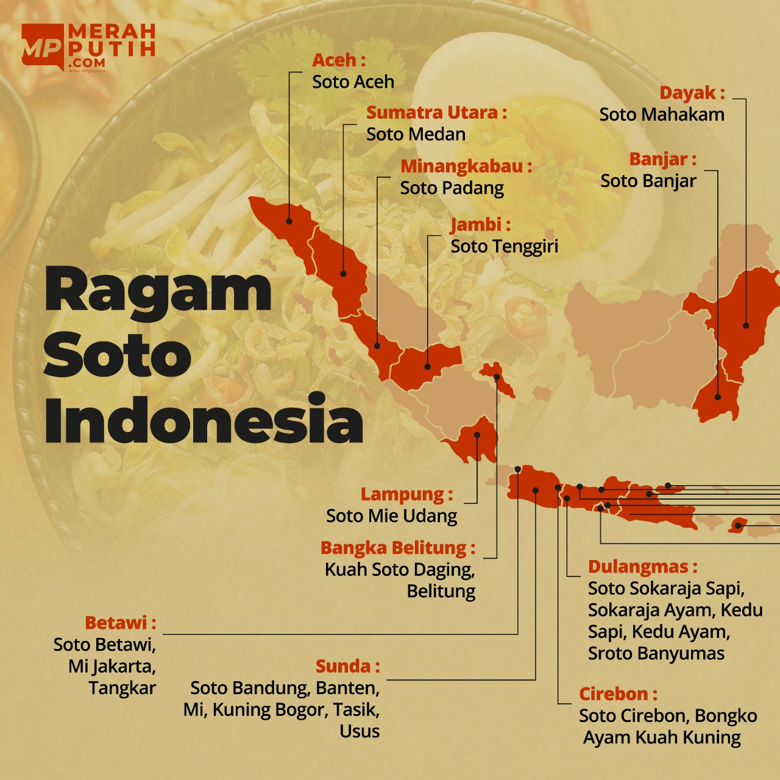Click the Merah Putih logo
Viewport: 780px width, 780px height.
[88, 48]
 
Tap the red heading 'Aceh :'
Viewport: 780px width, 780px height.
[338, 60]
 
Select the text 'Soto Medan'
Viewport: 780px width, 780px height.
[416, 134]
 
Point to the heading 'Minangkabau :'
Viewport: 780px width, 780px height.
[466, 166]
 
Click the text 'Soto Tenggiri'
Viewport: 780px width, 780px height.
[504, 246]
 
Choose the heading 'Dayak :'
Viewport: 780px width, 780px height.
[692, 93]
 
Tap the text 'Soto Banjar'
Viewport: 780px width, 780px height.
[648, 181]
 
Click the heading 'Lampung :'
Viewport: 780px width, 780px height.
[406, 494]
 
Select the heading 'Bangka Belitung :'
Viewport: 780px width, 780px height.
[397, 548]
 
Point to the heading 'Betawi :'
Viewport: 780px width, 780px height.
[120, 623]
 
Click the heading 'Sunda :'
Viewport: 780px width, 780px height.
[347, 666]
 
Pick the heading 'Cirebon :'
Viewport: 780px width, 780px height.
[618, 694]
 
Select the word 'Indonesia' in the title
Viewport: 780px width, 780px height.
[204, 420]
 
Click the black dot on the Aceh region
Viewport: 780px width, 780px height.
[289, 221]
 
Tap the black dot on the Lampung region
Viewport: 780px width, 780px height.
[477, 435]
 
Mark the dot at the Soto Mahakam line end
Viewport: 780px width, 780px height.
[746, 325]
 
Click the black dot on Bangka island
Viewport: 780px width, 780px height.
[497, 377]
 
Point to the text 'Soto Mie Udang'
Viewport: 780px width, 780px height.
[391, 516]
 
